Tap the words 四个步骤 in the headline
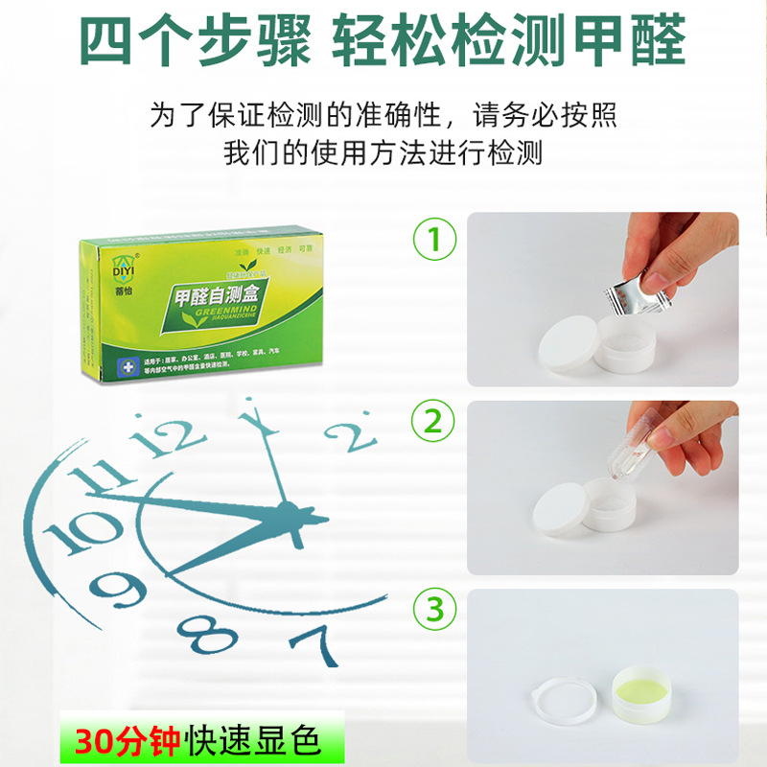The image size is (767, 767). pos(196,40)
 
